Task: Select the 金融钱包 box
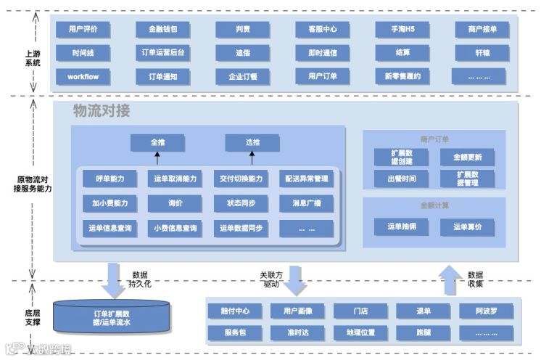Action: click(x=162, y=30)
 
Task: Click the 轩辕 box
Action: click(x=482, y=53)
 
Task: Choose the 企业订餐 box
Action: click(x=242, y=75)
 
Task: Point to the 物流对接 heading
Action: click(x=102, y=111)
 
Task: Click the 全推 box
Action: click(x=157, y=142)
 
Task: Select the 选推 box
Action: click(x=252, y=142)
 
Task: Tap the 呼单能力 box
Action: click(x=110, y=179)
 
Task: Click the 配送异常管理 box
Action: click(x=306, y=179)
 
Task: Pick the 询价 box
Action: click(x=175, y=203)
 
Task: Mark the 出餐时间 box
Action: click(x=401, y=179)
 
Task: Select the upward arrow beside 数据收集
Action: click(x=450, y=279)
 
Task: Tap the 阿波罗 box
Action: click(x=486, y=311)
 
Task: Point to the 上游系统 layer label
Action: click(x=33, y=58)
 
